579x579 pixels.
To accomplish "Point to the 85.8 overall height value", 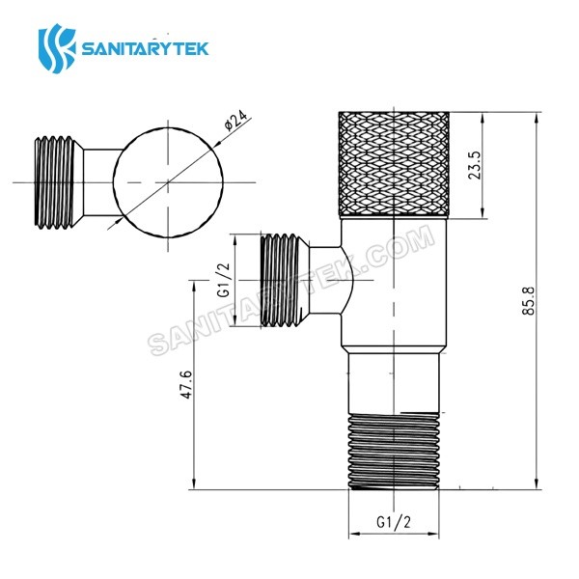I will click(527, 300).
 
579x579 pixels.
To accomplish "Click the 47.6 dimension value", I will click(186, 385).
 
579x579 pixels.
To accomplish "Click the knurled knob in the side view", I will click(396, 165).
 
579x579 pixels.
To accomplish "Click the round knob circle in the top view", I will click(168, 181).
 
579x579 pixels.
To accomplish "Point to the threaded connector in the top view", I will click(57, 181).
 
